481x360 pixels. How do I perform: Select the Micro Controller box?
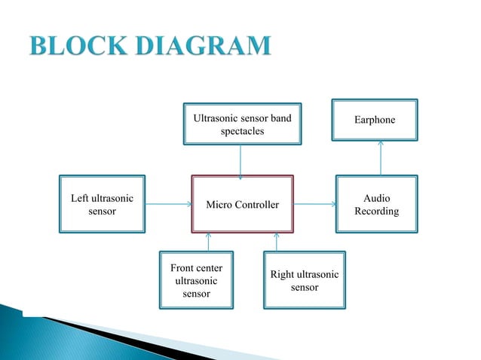(242, 205)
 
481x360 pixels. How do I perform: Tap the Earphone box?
(375, 121)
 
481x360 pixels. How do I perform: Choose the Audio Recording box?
(376, 205)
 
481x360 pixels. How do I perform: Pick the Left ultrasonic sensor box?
(103, 205)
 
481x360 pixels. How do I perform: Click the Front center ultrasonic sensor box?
(196, 280)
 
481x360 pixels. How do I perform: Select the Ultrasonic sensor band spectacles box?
(242, 124)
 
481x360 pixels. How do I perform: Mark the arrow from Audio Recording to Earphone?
(381, 158)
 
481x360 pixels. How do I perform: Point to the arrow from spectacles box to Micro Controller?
(241, 160)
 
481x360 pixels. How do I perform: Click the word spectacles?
(242, 132)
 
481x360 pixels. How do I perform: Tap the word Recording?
(376, 212)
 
